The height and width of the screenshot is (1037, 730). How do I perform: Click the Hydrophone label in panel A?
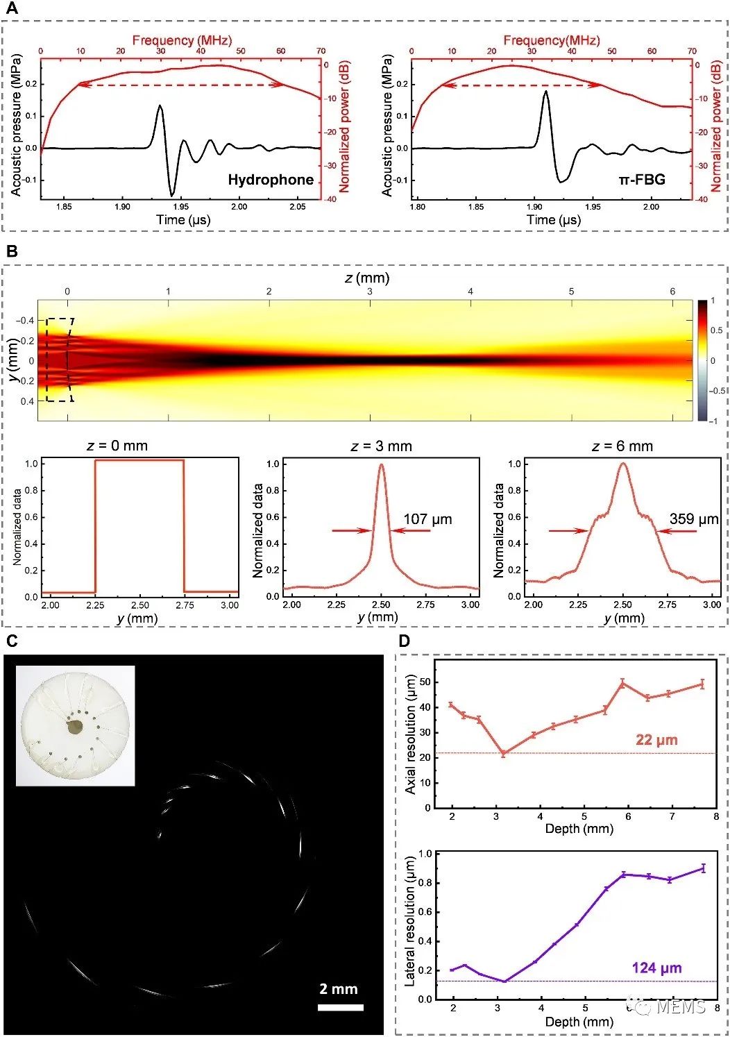(x=271, y=180)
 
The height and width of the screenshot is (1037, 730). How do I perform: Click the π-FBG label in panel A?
(x=642, y=180)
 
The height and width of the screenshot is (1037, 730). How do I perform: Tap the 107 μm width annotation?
(x=427, y=519)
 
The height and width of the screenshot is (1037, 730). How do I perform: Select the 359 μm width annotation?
(x=693, y=518)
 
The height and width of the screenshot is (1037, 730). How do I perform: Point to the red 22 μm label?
(x=656, y=740)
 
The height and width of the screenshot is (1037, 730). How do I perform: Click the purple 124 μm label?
(x=656, y=968)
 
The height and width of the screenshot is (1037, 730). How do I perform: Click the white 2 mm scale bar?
(x=341, y=1007)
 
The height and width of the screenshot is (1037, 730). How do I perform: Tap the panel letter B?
(x=11, y=251)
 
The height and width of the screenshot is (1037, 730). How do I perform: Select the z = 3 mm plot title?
(x=381, y=446)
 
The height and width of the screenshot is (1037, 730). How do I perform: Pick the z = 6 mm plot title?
(x=622, y=446)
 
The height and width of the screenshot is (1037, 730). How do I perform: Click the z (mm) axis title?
(x=367, y=278)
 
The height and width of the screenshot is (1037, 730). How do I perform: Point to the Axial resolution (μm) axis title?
(x=410, y=736)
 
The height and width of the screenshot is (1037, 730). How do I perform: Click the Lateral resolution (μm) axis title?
(x=410, y=921)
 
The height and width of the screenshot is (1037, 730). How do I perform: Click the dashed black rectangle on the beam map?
(x=58, y=360)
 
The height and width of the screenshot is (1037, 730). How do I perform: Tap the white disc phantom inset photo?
(x=75, y=725)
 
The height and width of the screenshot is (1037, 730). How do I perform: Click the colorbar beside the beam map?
(x=702, y=360)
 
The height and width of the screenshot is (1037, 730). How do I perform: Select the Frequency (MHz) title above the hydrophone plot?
(x=182, y=40)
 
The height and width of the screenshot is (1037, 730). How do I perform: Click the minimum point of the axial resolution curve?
(x=504, y=753)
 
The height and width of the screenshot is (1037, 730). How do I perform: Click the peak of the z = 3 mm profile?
(x=381, y=465)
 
